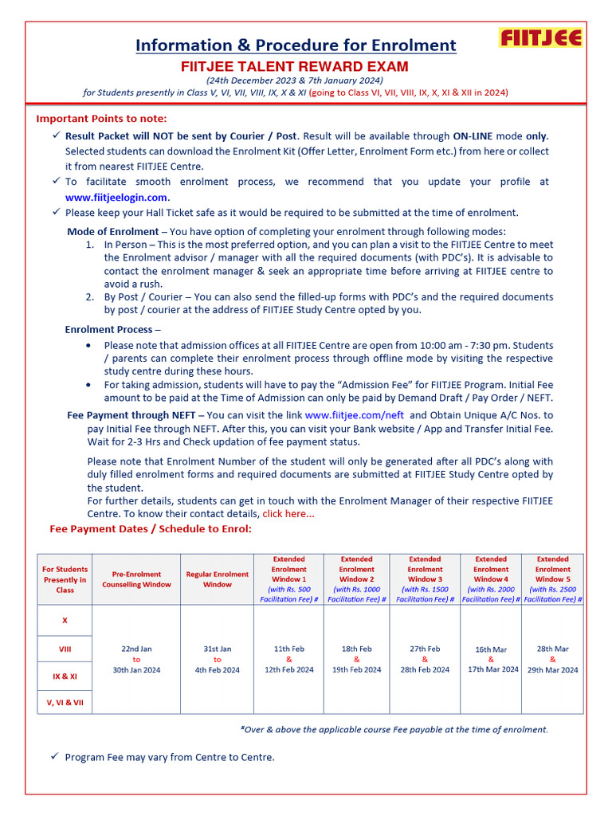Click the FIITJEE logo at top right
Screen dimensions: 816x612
(x=540, y=37)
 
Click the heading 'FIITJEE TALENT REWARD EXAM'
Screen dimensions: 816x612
(x=295, y=66)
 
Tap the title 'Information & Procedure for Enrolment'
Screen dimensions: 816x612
(x=296, y=45)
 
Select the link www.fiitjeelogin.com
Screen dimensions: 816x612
(x=116, y=198)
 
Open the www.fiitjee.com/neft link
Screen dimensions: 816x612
(x=355, y=415)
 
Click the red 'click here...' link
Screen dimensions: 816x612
(x=288, y=514)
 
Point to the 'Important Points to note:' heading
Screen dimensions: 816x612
(x=101, y=119)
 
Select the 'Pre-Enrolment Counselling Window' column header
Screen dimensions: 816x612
(x=136, y=579)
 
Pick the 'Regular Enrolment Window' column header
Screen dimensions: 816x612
(x=217, y=579)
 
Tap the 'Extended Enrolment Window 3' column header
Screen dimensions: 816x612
(x=425, y=579)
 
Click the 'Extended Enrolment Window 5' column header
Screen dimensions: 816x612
(x=552, y=579)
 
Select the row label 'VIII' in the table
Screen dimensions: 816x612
(x=65, y=649)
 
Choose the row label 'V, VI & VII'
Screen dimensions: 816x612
(x=65, y=702)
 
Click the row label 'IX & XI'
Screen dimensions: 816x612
(x=65, y=676)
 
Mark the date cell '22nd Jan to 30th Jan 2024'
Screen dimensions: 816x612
(x=136, y=660)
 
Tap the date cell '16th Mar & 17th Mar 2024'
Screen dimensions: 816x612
(x=491, y=660)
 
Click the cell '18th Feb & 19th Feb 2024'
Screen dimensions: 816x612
(x=356, y=660)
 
